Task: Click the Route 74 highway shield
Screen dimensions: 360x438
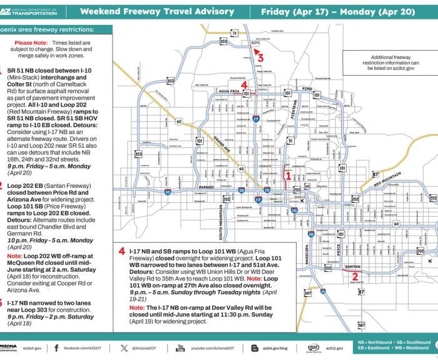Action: coord(234,33)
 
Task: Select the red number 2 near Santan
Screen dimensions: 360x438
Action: coord(355,275)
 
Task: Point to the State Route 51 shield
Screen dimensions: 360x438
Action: coord(290,141)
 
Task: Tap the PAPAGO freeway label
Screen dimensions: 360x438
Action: coord(207,187)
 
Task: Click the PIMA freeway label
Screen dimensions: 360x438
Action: coord(307,89)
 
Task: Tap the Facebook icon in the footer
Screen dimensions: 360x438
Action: coord(56,347)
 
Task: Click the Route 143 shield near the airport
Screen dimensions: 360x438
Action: coord(307,187)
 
